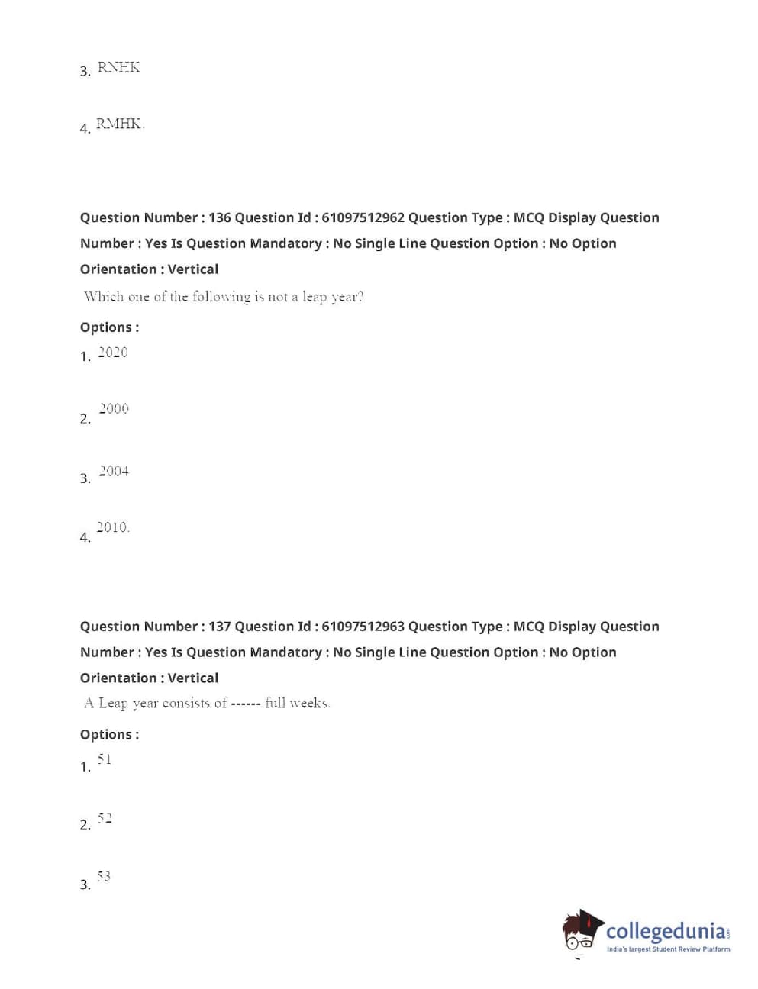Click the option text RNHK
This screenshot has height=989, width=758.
(118, 67)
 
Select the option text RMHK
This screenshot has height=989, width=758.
(119, 124)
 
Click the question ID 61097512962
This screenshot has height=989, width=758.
(363, 217)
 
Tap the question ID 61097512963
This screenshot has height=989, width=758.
(363, 627)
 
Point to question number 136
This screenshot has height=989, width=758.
(219, 217)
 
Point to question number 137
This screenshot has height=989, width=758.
(219, 627)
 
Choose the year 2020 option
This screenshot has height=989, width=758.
(113, 352)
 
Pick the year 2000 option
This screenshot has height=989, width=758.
(114, 409)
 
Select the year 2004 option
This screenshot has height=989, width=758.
(114, 471)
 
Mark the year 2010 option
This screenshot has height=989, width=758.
(112, 527)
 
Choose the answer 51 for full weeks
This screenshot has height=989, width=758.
(105, 759)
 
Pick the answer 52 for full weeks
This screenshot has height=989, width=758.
(105, 818)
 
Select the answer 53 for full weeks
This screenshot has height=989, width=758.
(104, 876)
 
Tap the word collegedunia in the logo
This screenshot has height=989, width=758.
(664, 931)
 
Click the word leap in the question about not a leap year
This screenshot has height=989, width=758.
(314, 297)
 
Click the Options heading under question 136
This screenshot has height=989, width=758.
(109, 327)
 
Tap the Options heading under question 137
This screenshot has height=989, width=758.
(109, 735)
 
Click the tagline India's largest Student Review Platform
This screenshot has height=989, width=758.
(668, 949)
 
